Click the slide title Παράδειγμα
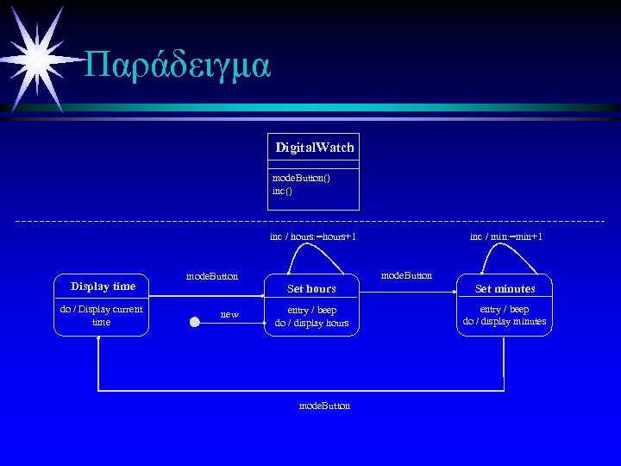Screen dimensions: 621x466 (x=179, y=64)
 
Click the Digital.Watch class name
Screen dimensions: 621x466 (x=315, y=148)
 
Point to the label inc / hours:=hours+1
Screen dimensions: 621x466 (x=313, y=236)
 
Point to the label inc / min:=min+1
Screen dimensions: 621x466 (x=506, y=236)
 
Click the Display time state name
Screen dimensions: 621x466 (x=103, y=287)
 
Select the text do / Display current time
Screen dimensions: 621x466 (x=101, y=315)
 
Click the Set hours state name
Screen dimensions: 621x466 (x=311, y=289)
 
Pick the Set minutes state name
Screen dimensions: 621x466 (x=505, y=289)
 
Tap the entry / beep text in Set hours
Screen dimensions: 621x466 (x=311, y=310)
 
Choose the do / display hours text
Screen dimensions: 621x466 (x=311, y=324)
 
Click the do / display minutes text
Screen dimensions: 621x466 (x=505, y=322)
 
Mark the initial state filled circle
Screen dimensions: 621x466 (x=195, y=323)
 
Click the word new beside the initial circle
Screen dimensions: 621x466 (x=229, y=314)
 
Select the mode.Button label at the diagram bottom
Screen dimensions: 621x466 (x=324, y=406)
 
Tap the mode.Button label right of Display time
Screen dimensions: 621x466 (x=212, y=276)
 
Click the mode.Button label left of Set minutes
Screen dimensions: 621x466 (x=406, y=275)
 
